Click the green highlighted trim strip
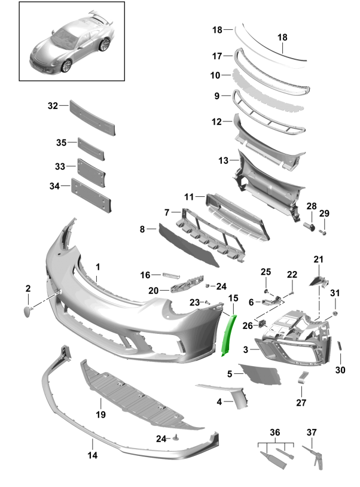(228, 335)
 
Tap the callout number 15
(233, 298)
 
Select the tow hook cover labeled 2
(28, 312)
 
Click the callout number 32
(53, 106)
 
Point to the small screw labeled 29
(323, 232)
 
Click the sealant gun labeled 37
(314, 457)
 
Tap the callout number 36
(275, 433)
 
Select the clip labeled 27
(303, 377)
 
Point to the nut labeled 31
(335, 313)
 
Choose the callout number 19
(101, 415)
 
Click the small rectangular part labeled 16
(171, 275)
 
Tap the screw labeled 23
(208, 302)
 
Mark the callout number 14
(93, 455)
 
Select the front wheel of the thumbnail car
(66, 66)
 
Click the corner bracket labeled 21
(319, 281)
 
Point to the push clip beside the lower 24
(177, 437)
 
